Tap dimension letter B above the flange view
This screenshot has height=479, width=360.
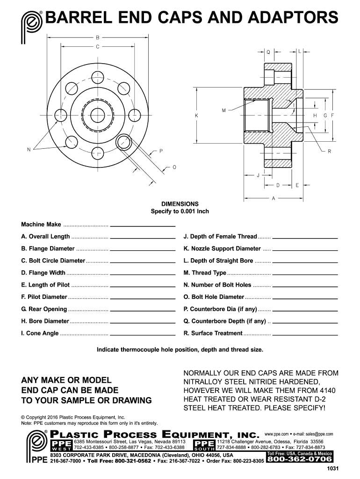[x=97, y=37]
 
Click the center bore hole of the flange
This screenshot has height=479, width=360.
[x=97, y=114]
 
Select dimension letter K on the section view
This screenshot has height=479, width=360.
[x=197, y=115]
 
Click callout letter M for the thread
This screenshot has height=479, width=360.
[x=224, y=111]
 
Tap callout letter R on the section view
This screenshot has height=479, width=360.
[x=330, y=151]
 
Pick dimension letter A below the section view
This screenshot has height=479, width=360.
[x=273, y=198]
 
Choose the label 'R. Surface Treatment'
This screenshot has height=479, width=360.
[x=213, y=333]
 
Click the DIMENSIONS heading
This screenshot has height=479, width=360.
[x=180, y=204]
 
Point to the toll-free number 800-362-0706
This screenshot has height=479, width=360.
[x=299, y=460]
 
